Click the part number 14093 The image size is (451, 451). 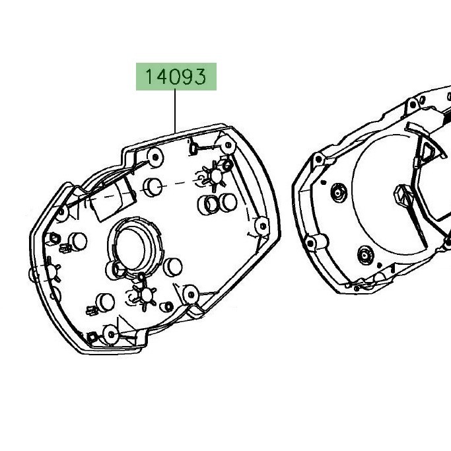click(176, 77)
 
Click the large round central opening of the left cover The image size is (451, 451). click(130, 249)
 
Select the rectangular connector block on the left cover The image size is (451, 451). click(112, 199)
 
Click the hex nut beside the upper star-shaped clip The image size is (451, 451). click(227, 165)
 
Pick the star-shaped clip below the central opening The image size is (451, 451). click(146, 295)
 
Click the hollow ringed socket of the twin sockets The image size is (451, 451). click(209, 205)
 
